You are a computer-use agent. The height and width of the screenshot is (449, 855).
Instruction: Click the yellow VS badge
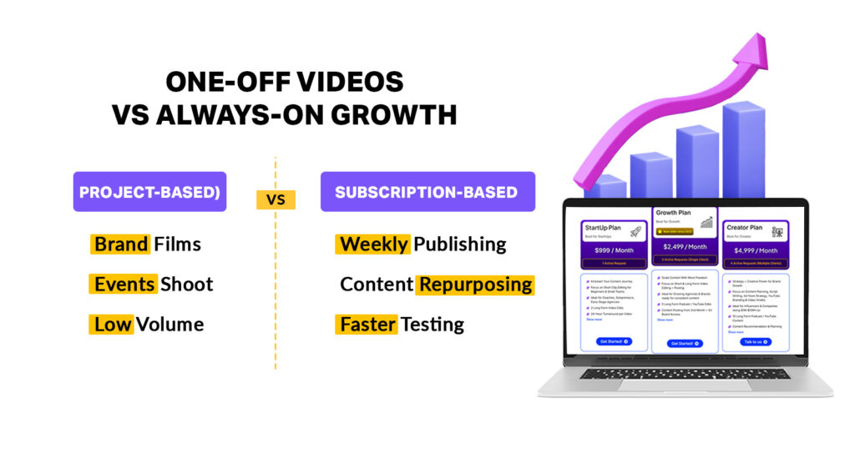[x=275, y=200]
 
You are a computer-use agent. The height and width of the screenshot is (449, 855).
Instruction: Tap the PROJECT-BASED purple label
[x=149, y=192]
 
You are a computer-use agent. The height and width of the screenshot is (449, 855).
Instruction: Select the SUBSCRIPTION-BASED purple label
[x=427, y=192]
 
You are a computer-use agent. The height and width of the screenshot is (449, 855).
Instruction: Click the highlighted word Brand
[x=121, y=245]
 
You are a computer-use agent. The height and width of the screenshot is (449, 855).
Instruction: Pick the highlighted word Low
[x=112, y=324]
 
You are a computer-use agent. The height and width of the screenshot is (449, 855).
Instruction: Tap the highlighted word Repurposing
[x=475, y=284]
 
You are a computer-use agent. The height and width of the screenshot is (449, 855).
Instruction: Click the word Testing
[x=432, y=324]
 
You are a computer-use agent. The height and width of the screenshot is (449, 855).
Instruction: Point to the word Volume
[x=170, y=324]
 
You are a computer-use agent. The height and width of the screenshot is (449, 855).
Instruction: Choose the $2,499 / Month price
[x=685, y=247]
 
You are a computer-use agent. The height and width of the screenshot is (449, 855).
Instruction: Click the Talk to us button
[x=755, y=342]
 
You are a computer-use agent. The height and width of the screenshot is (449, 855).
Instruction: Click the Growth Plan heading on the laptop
[x=673, y=213]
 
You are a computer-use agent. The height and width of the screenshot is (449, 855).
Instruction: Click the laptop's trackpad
[x=685, y=385]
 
